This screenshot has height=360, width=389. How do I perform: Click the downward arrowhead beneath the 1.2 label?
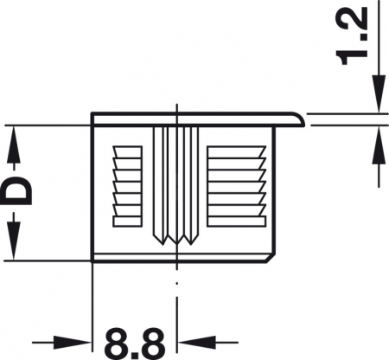coord(377,100)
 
